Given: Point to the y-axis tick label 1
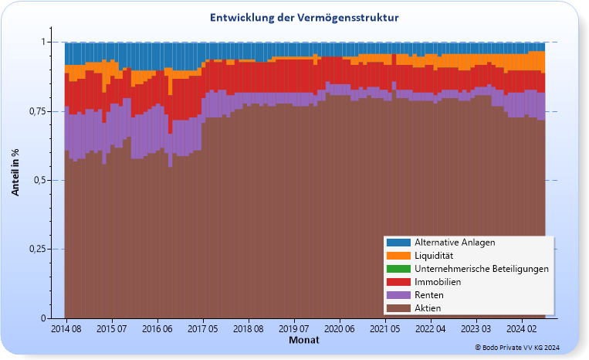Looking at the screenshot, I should [x=44, y=42].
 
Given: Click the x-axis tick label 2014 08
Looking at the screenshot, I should [x=66, y=329].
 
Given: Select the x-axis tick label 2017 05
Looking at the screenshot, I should [x=203, y=329].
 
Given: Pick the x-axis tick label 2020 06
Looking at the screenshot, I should [x=340, y=329].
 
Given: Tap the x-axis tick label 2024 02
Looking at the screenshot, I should [x=522, y=329].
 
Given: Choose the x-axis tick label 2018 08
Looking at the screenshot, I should [x=249, y=329].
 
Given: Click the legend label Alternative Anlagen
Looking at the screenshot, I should [x=454, y=242].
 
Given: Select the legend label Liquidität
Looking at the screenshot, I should [x=433, y=255].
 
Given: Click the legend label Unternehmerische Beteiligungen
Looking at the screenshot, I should [x=481, y=269].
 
